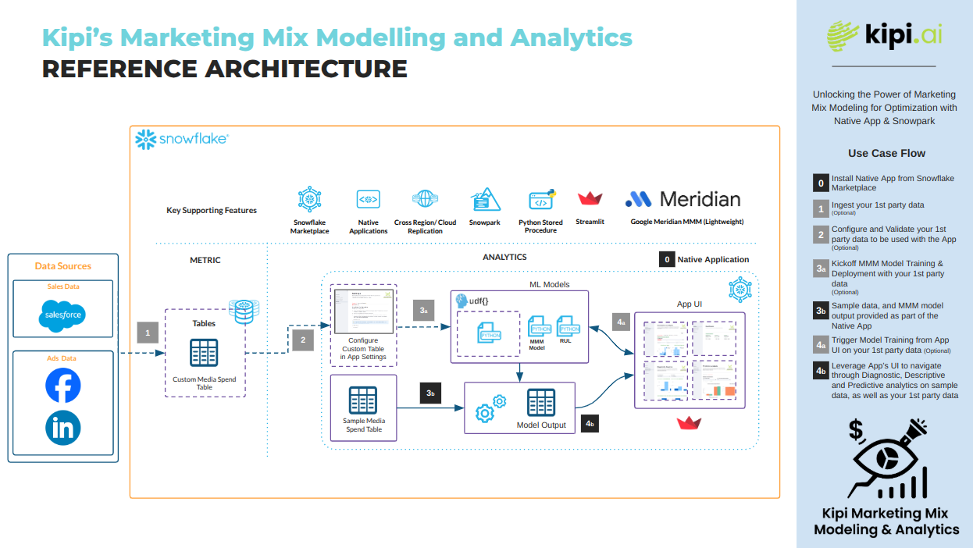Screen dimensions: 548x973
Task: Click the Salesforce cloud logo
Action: tap(62, 316)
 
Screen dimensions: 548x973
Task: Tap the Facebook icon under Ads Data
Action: tap(62, 386)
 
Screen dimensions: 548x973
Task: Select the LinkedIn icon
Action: tap(62, 428)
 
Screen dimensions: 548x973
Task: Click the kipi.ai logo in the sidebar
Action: tap(884, 35)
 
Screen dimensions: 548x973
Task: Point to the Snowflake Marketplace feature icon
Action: tap(310, 201)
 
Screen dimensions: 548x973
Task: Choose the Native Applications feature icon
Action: tap(368, 200)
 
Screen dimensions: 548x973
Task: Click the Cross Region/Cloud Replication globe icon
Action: tap(425, 200)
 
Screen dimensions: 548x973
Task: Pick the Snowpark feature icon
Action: tap(485, 201)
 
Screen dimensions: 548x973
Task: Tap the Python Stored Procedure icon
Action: tap(541, 201)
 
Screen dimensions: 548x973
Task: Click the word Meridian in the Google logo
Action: tap(700, 199)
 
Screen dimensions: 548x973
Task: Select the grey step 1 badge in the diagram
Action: tap(148, 334)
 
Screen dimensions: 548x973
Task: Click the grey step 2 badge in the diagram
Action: tap(302, 340)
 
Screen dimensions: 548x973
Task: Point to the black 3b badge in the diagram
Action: tap(430, 393)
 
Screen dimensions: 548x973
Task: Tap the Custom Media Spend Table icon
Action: tap(205, 353)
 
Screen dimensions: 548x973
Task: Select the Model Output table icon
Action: tap(541, 403)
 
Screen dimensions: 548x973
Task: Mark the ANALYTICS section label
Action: tap(504, 257)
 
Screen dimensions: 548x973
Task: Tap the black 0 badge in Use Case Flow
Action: tap(821, 183)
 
